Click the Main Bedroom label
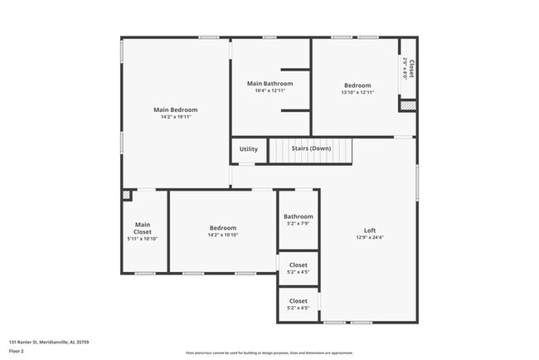click(175, 109)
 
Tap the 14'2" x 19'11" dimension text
click(175, 117)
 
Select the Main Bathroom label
click(269, 83)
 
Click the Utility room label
click(248, 149)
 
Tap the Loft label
click(370, 231)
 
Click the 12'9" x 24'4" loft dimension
click(370, 238)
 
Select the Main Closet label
click(143, 227)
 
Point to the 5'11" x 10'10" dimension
click(143, 239)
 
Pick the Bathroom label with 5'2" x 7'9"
click(299, 216)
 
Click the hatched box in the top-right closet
click(406, 105)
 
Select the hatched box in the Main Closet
click(126, 196)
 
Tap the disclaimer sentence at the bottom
click(269, 353)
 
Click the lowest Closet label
click(299, 301)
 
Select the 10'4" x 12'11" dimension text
click(269, 90)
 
